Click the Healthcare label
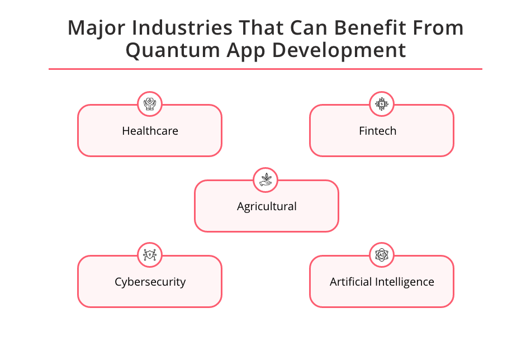pos(150,131)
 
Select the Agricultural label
pos(267,207)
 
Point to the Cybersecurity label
pos(150,282)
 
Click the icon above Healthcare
pos(150,103)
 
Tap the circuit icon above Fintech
pos(382,103)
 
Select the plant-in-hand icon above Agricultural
pos(266,179)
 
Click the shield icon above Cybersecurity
pos(150,255)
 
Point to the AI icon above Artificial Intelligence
pos(382,255)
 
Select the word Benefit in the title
pos(364,29)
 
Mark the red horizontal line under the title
pos(265,69)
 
